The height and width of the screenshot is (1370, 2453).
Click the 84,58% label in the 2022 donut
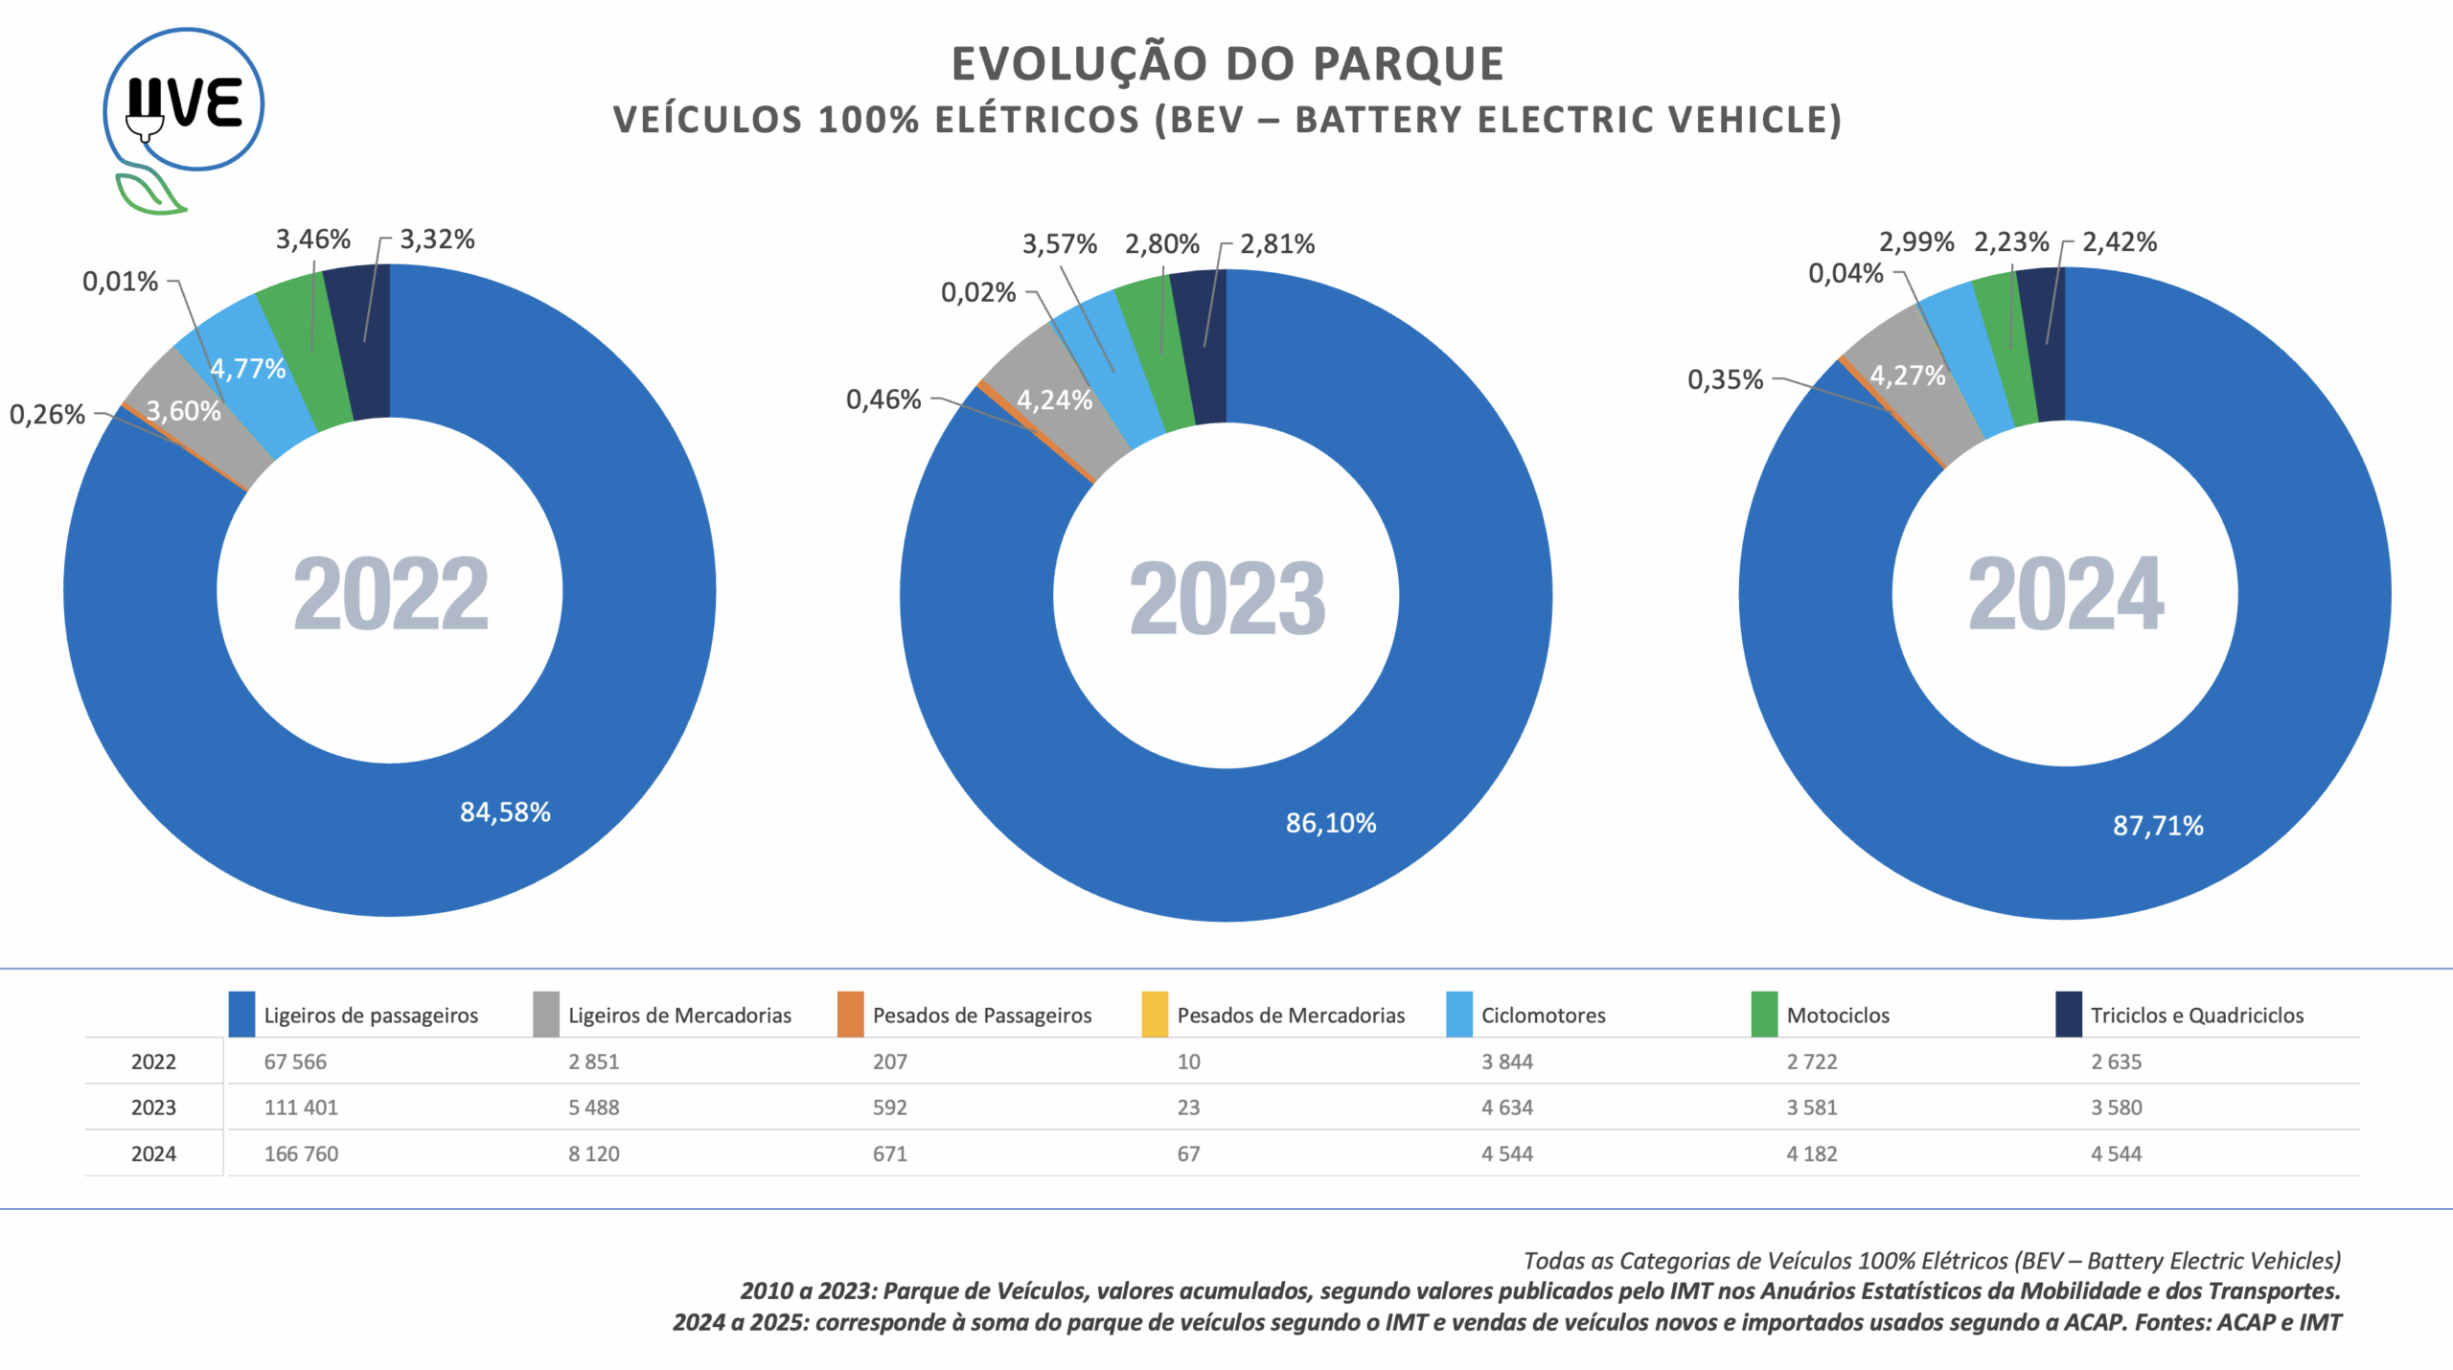point(505,812)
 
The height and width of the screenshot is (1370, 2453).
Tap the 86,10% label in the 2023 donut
point(1331,823)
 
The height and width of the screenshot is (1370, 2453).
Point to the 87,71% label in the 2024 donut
point(2158,826)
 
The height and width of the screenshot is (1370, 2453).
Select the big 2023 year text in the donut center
point(1226,599)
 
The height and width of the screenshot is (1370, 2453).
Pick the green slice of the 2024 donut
point(2003,350)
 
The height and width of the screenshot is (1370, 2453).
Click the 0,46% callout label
point(883,400)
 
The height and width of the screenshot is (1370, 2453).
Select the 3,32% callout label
point(437,240)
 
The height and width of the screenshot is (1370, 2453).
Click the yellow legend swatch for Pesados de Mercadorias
point(1155,1015)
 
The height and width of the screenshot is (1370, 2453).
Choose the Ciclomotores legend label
point(1543,1016)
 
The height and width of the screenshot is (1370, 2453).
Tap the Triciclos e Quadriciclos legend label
point(2196,1016)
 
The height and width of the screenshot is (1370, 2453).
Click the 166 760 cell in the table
point(301,1154)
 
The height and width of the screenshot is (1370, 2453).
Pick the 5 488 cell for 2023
point(593,1107)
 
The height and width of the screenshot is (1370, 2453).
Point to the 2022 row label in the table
point(153,1062)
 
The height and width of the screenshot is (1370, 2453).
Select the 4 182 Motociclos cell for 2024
point(1811,1154)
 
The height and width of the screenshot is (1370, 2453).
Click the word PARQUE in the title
point(1408,64)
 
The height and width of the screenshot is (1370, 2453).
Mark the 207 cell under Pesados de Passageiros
point(889,1062)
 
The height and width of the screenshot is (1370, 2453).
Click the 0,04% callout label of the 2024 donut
point(1845,274)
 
